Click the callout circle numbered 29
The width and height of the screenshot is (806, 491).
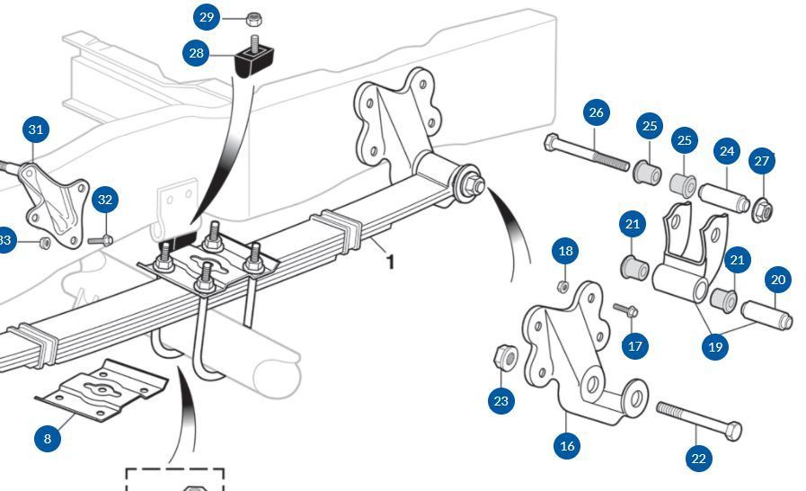click(208, 17)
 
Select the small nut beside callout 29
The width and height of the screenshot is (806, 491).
click(253, 18)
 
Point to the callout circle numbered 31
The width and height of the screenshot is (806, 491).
click(35, 129)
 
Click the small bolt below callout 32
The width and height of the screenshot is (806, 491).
click(101, 239)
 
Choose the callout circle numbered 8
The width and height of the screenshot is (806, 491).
click(48, 438)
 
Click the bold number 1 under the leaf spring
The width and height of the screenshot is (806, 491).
click(390, 262)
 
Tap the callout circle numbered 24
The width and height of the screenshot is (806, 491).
click(726, 152)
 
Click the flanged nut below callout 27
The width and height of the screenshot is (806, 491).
click(762, 210)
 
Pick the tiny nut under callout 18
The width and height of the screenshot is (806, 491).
click(563, 286)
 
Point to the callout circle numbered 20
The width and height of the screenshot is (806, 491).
click(778, 280)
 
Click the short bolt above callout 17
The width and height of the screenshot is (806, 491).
click(626, 310)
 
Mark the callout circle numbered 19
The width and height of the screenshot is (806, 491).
click(715, 346)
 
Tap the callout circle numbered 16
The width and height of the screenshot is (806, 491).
click(567, 445)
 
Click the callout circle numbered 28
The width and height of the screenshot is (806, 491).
click(197, 53)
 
